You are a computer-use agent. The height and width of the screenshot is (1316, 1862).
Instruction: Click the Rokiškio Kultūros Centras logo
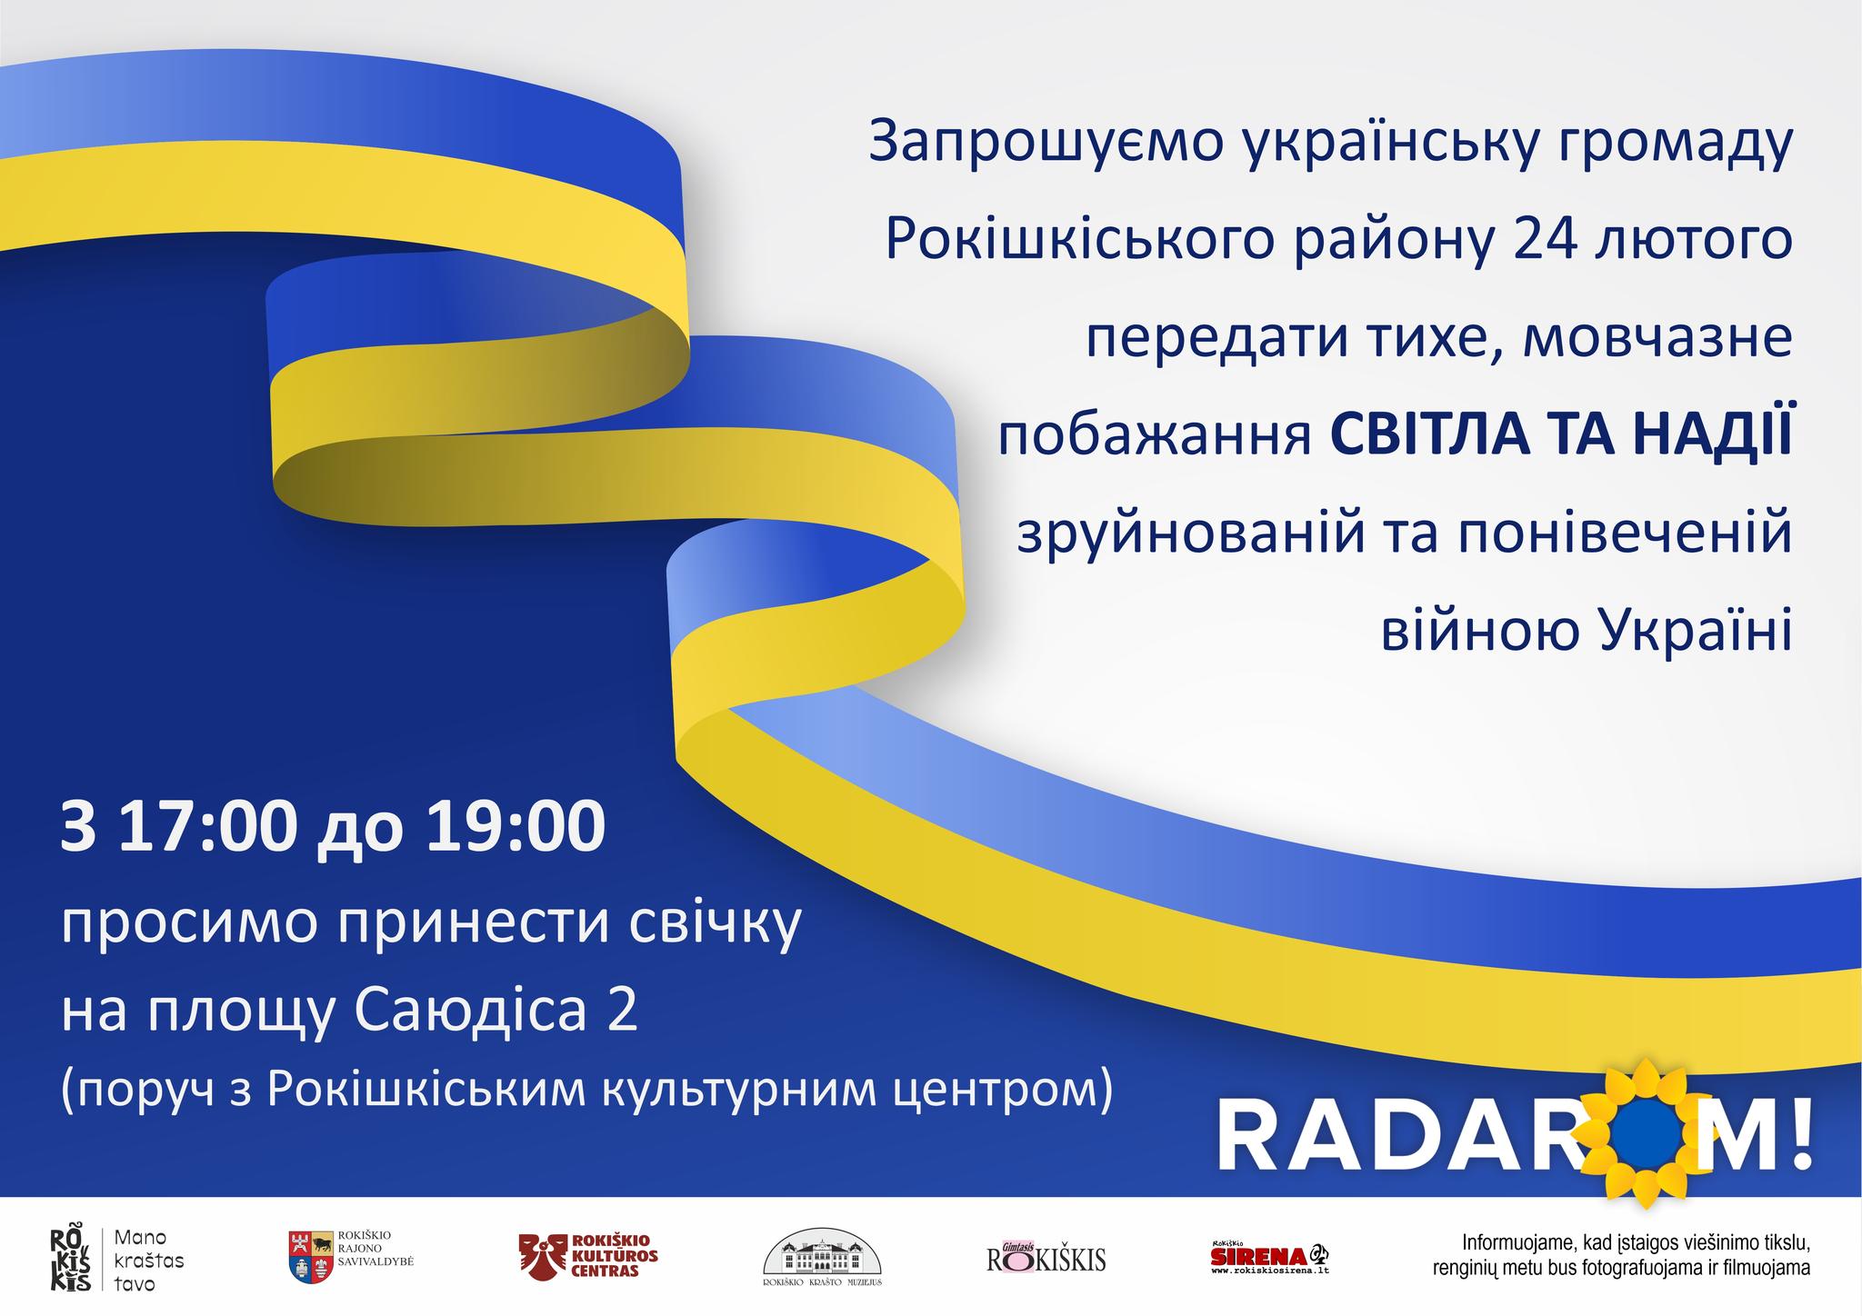point(588,1256)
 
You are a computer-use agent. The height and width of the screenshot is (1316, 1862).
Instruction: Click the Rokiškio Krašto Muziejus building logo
point(822,1258)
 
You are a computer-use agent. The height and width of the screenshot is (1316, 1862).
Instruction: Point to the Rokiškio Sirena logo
point(1272,1257)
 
